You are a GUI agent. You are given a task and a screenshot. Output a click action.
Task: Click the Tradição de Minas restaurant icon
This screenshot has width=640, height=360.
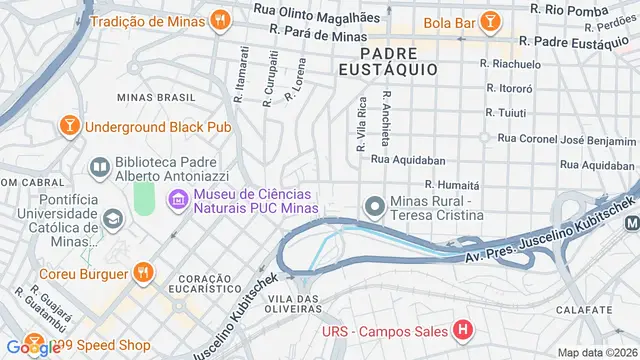click(x=219, y=20)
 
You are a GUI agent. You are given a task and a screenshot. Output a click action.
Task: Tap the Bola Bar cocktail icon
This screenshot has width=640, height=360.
click(x=491, y=20)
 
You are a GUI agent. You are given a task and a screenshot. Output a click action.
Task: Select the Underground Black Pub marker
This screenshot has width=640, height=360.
click(x=69, y=127)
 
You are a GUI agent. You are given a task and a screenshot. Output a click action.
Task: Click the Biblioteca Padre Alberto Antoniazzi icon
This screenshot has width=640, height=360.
click(x=99, y=168)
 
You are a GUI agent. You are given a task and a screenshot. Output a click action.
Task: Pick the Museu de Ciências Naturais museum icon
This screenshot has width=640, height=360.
click(x=179, y=200)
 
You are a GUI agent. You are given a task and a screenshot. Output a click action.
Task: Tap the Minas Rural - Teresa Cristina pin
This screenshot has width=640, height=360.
click(x=374, y=207)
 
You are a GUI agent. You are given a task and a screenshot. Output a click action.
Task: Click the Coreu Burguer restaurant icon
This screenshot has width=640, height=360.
click(x=145, y=272)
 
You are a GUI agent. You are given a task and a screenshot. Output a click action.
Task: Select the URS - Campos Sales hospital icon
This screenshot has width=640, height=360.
click(x=461, y=330)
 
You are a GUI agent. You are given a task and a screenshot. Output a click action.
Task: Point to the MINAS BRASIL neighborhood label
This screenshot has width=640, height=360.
click(x=154, y=97)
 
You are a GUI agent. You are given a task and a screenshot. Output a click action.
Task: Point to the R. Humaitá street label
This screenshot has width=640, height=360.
click(x=452, y=185)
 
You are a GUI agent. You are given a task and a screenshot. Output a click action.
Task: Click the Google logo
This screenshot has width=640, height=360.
click(x=32, y=347)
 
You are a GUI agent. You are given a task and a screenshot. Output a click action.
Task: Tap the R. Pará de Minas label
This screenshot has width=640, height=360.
click(x=312, y=35)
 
